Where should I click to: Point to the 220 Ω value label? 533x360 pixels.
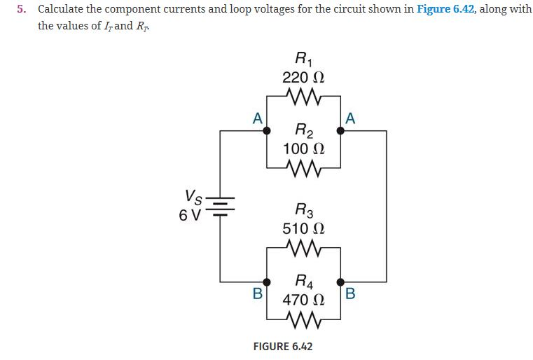(x=303, y=76)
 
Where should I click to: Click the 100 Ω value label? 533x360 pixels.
(x=303, y=148)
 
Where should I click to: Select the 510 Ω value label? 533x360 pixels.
(x=303, y=228)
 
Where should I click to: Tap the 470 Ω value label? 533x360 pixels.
(x=303, y=301)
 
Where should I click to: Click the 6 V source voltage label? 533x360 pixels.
(x=191, y=214)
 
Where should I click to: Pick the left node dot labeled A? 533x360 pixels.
(x=266, y=130)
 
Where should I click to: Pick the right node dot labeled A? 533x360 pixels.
(x=341, y=130)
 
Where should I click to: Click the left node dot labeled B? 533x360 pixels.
(x=266, y=282)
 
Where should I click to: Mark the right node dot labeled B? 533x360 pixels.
(x=341, y=282)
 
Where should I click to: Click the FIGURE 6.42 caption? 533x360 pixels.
(x=282, y=347)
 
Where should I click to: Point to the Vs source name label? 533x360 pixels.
(x=194, y=196)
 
